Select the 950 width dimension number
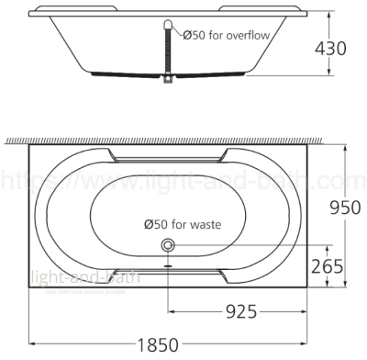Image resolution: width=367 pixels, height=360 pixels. [x=343, y=208]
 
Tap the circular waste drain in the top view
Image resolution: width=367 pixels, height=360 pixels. [x=168, y=245]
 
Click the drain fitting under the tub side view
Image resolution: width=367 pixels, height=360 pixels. [x=168, y=83]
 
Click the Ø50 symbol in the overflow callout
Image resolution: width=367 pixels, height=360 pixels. [x=193, y=35]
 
